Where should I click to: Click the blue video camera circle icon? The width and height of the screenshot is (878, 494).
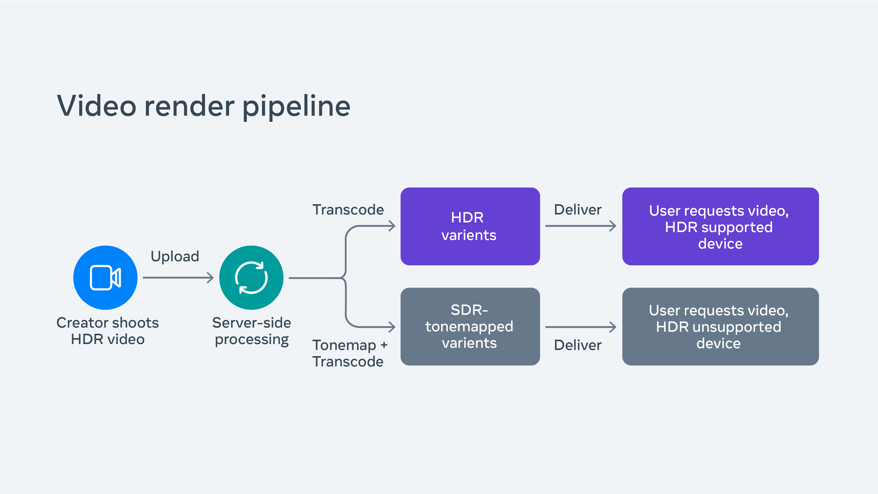tap(105, 278)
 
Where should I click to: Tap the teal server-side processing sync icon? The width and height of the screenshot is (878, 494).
tap(251, 278)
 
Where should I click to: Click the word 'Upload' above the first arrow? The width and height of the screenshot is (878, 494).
tap(175, 256)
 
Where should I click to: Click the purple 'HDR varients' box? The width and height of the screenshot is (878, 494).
tap(470, 226)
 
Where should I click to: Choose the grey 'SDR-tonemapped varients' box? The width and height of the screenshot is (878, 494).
tap(470, 327)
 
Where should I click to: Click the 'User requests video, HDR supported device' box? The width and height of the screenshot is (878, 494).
tap(720, 226)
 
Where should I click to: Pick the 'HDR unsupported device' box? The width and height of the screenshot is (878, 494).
tap(720, 327)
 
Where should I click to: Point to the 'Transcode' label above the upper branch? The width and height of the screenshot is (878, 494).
tap(348, 210)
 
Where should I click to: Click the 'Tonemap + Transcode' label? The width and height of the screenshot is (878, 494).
tap(349, 353)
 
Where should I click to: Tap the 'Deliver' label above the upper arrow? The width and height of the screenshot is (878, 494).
tap(578, 210)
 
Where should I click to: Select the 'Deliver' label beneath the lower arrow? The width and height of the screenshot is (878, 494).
tap(578, 345)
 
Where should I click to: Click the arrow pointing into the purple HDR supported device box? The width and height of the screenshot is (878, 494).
tap(580, 226)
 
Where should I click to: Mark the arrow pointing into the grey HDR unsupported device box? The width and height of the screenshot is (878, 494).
tap(580, 327)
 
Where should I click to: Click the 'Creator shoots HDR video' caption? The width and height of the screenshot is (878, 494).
tap(108, 331)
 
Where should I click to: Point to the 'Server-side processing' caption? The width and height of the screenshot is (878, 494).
tap(252, 331)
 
